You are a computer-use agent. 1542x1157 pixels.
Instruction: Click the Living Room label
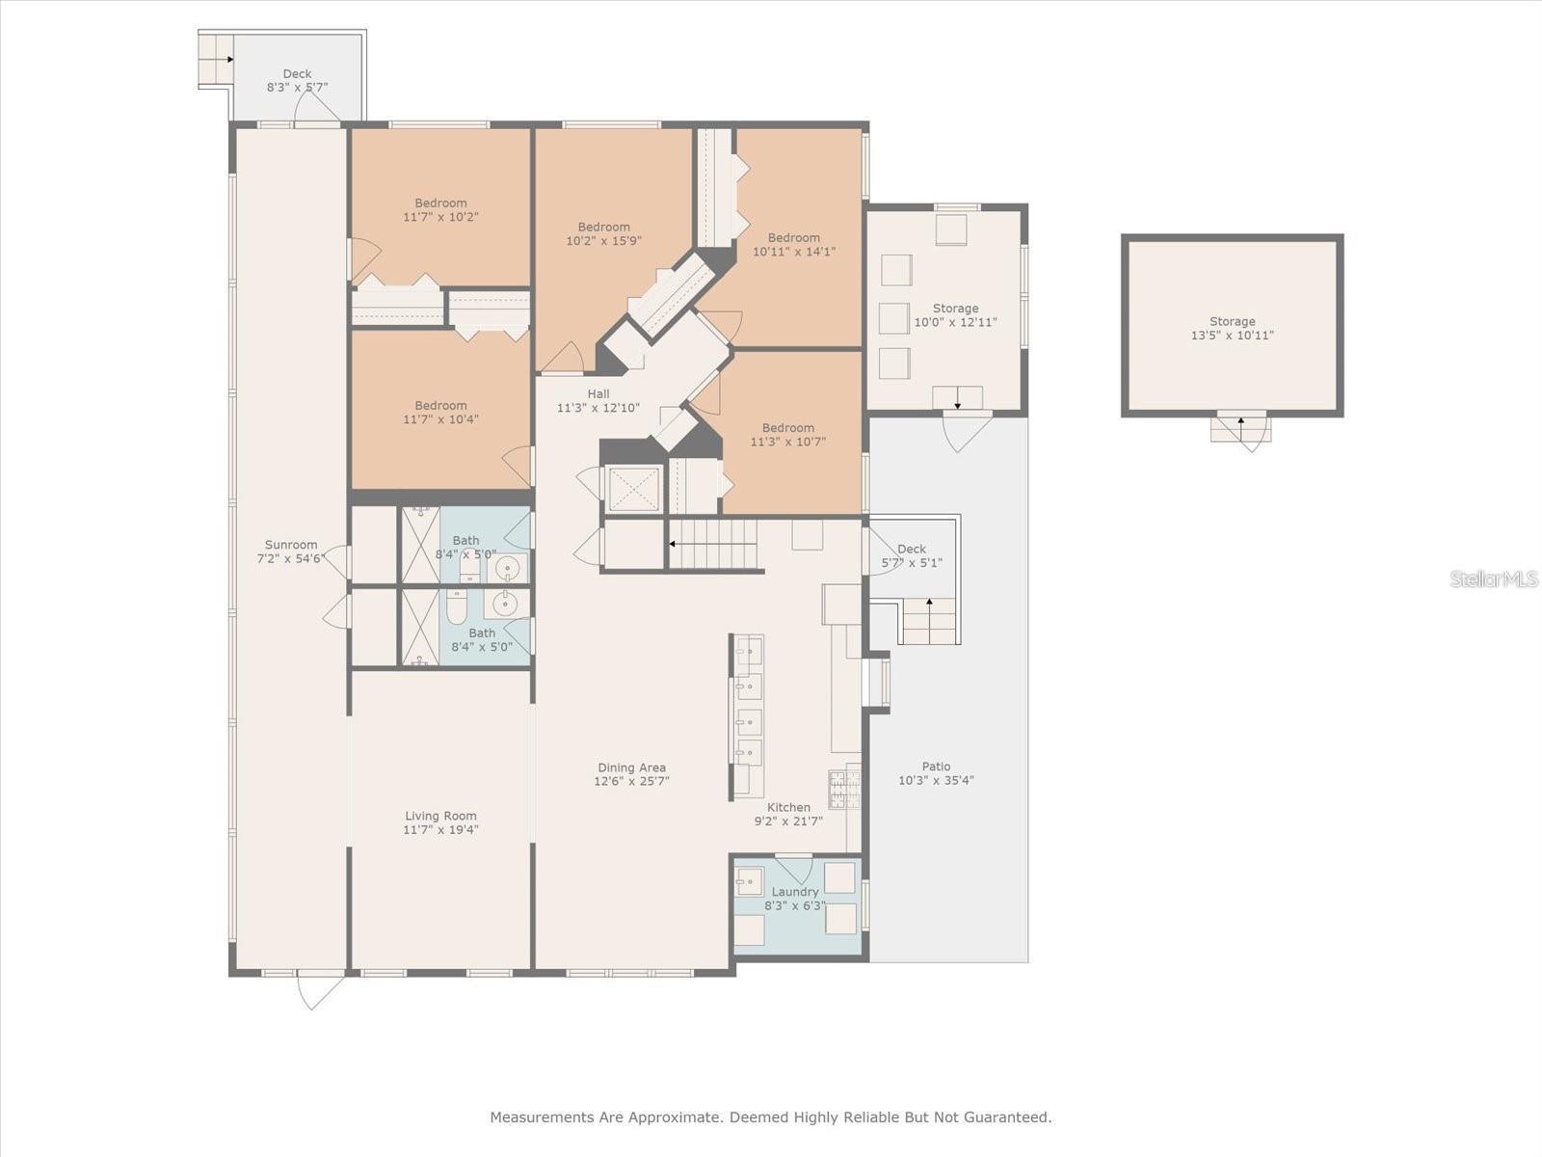tap(440, 816)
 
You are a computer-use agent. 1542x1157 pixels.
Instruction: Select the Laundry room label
tap(794, 892)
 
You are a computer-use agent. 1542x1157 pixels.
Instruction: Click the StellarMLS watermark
tap(1493, 579)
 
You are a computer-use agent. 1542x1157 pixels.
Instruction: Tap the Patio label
tap(936, 767)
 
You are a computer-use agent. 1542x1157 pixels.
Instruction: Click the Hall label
tap(598, 394)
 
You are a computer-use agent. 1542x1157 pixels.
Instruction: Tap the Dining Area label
tap(631, 768)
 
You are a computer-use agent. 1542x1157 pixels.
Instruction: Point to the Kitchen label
tap(788, 808)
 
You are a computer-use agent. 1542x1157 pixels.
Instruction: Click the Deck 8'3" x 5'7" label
tap(297, 74)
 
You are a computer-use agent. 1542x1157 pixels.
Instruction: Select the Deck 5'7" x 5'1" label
tap(911, 550)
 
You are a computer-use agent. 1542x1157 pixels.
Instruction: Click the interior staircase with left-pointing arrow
tap(713, 544)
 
